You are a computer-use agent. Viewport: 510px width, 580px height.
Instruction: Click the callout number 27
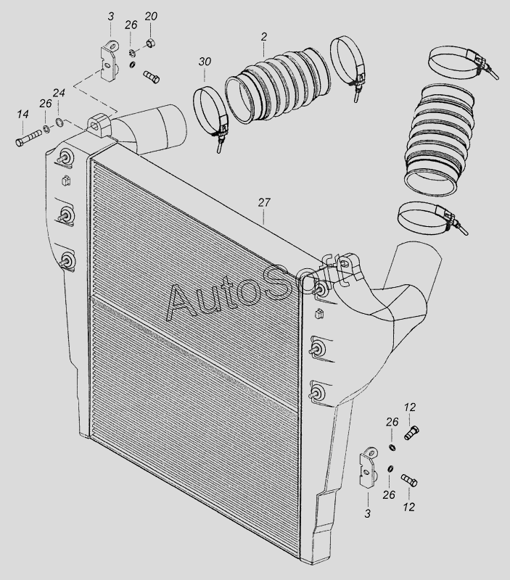263,203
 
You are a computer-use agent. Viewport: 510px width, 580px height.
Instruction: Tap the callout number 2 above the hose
263,36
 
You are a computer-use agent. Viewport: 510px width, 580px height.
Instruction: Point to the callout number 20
151,17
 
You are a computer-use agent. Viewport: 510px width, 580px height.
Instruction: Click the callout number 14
23,114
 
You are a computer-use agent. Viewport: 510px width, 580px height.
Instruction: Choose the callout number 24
59,93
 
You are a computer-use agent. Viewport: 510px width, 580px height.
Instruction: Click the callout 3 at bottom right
367,513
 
